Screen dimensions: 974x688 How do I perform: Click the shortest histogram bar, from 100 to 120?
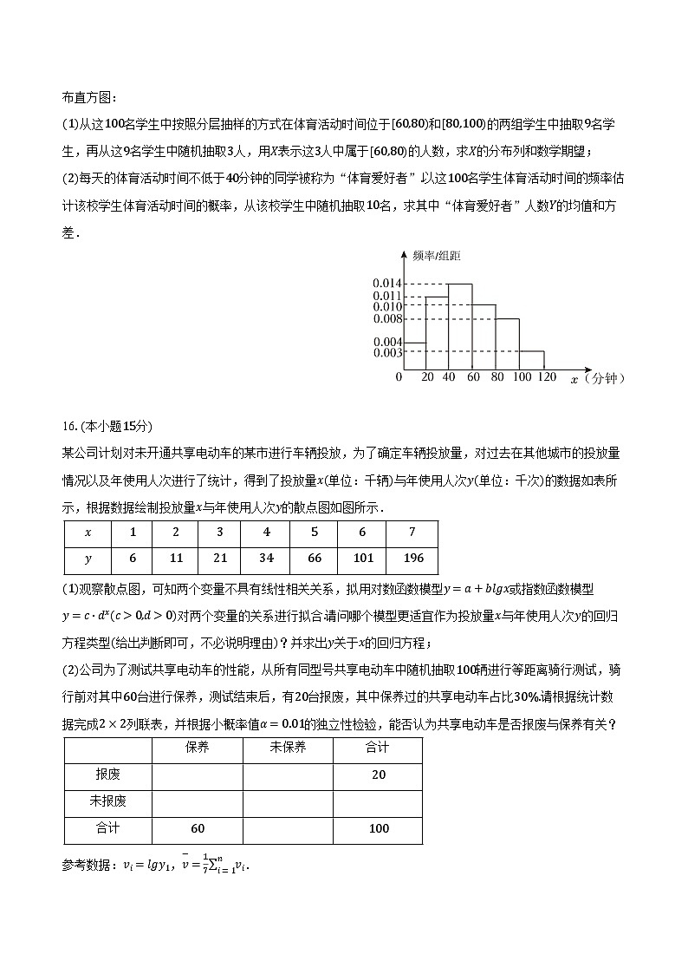532,360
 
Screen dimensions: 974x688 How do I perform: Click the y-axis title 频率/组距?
438,255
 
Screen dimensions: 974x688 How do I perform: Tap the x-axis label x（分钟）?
598,379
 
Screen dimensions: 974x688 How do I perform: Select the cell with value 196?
412,559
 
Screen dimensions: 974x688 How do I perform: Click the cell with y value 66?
315,559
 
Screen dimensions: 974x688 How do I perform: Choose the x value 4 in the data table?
267,533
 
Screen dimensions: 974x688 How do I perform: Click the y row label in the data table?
87,559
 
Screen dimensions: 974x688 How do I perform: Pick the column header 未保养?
288,748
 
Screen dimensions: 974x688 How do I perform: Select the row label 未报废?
108,801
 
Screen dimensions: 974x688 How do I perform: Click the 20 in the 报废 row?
378,775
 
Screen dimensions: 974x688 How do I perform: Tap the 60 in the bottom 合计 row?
198,828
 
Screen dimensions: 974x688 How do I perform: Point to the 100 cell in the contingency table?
378,828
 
